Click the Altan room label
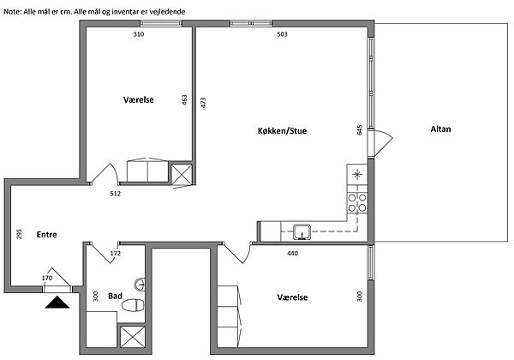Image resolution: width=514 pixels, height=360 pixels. point(440,129)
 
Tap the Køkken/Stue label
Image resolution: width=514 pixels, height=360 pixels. point(282,131)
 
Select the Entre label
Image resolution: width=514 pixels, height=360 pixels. point(46,234)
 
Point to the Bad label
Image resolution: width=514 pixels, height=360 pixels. point(115,296)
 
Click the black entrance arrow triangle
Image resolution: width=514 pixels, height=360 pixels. point(57,303)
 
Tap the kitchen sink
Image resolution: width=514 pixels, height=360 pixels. point(302,231)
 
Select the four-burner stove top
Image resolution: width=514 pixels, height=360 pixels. point(357,202)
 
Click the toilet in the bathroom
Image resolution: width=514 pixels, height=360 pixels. point(133,305)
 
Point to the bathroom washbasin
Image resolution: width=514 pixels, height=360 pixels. point(140,285)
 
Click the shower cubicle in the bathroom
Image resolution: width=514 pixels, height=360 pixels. point(133,337)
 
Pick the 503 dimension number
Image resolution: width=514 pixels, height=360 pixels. point(282,34)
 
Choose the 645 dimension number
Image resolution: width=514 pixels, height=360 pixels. point(360,129)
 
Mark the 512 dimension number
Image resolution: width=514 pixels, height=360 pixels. point(116,194)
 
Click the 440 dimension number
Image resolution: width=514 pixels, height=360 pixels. point(292,253)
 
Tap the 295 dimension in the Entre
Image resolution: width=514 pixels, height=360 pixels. point(19,234)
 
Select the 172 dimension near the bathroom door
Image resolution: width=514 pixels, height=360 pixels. point(116,253)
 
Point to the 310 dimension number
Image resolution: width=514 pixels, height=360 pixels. point(139,34)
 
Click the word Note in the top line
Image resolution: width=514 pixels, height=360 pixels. point(12,12)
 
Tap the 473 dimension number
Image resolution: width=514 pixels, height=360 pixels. point(203,103)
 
